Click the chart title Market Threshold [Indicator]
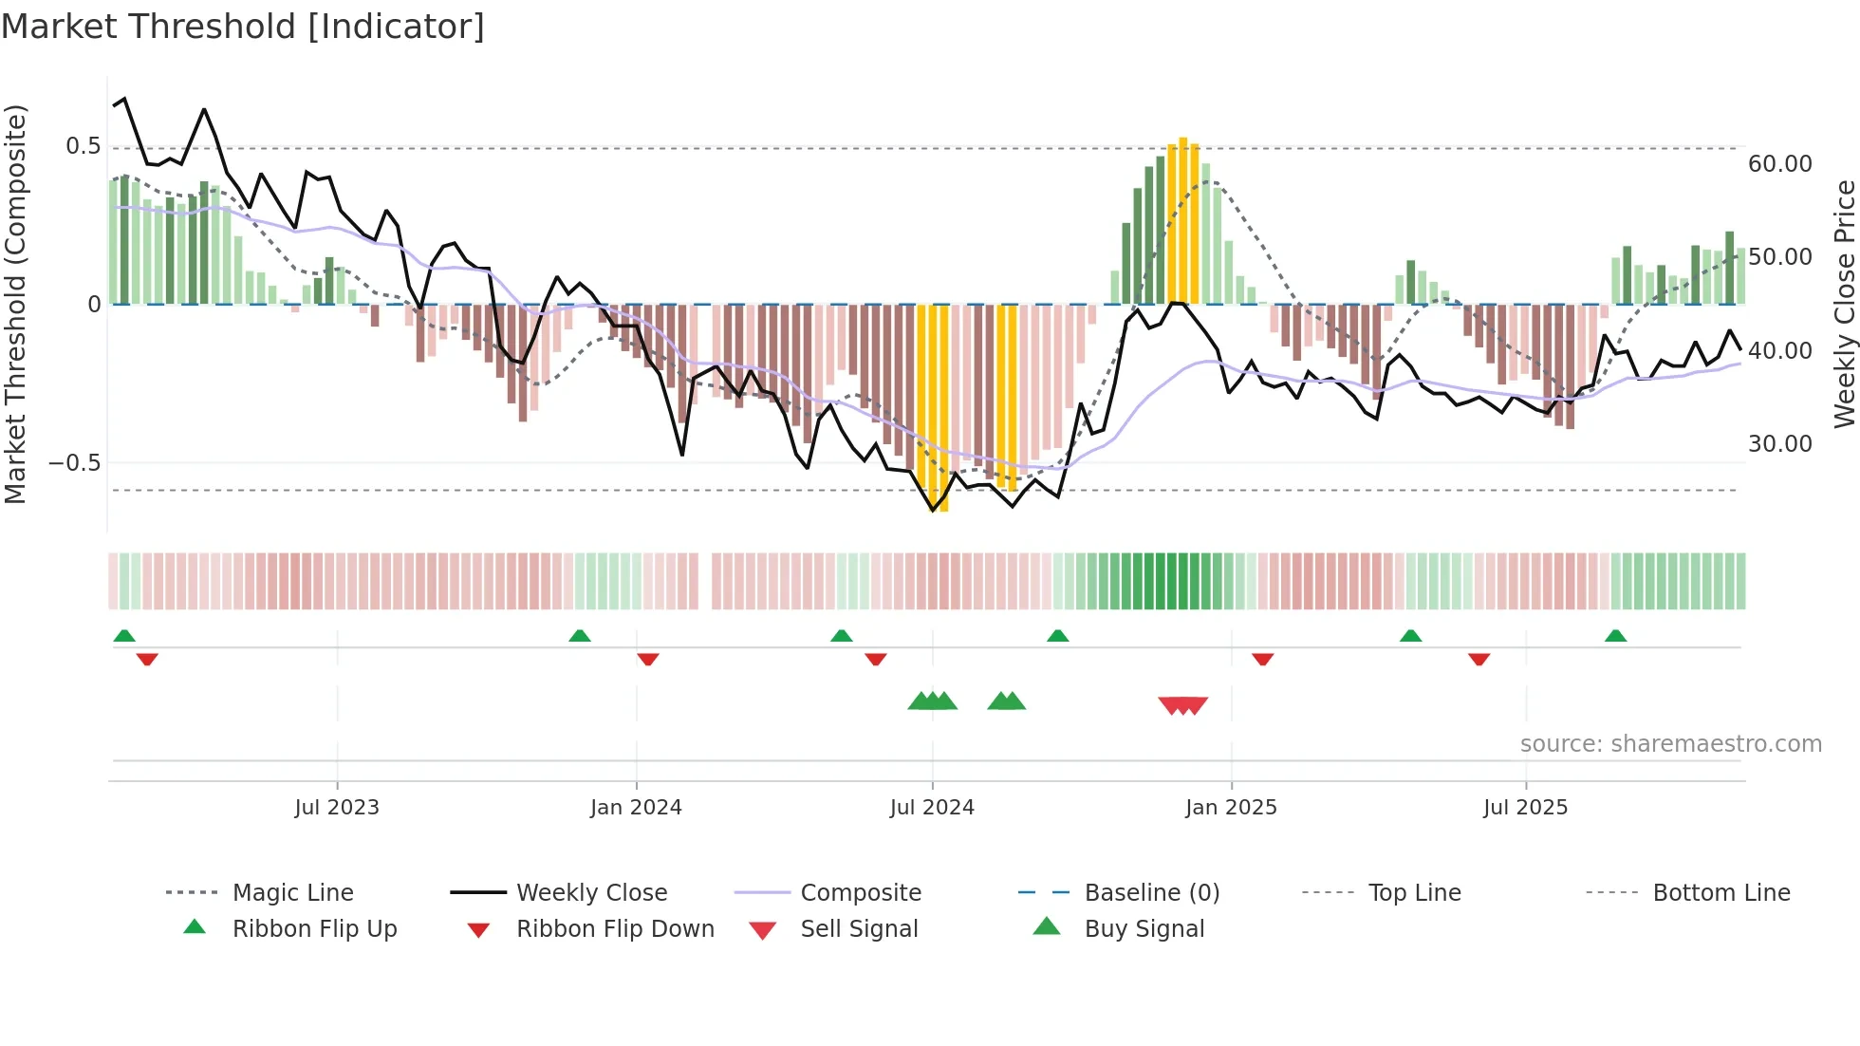[x=243, y=27]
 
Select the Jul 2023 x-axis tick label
[x=336, y=808]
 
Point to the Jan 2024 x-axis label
[x=635, y=808]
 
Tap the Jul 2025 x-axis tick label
[x=1525, y=808]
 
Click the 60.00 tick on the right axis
[x=1779, y=164]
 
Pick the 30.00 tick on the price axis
[x=1779, y=444]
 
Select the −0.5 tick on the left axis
[x=74, y=463]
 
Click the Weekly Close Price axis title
[x=1844, y=304]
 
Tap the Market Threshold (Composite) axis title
[x=15, y=304]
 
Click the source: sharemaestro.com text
[x=1670, y=744]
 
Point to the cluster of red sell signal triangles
[x=1182, y=705]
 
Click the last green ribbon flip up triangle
[x=1615, y=636]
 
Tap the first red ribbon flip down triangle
[x=147, y=659]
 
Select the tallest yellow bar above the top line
[x=1182, y=218]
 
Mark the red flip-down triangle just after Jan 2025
[x=1262, y=659]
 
